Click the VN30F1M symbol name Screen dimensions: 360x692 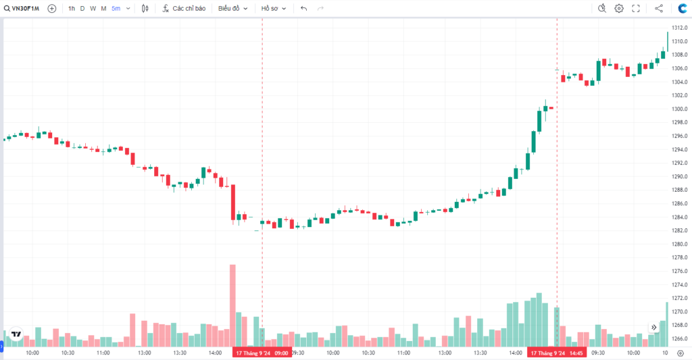26,8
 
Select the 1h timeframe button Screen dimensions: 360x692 72,8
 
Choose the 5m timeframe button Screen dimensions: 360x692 116,8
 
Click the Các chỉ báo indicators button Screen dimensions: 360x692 183,8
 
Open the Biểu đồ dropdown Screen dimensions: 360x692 232,8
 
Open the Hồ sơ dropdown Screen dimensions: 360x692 274,8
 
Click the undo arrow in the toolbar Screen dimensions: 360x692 303,8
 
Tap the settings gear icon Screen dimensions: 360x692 619,8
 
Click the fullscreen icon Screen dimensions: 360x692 636,8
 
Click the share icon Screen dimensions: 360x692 659,8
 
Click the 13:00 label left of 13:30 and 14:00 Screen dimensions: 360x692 144,353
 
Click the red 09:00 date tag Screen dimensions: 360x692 262,353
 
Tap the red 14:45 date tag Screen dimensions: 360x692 557,353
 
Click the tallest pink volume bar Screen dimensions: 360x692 232,304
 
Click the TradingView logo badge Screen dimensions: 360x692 16,334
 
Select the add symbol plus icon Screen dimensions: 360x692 52,8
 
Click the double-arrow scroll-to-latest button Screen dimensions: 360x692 654,327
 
